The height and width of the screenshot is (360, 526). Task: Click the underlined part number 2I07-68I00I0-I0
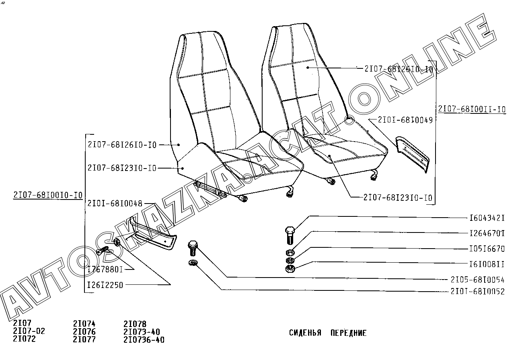48,195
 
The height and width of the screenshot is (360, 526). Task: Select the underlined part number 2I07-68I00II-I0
472,109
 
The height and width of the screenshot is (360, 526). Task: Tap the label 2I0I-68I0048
115,204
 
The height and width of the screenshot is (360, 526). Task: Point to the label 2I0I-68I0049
405,120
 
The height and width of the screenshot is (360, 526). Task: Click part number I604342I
487,218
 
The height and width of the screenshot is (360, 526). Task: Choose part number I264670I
487,233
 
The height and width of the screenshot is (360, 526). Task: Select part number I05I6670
487,249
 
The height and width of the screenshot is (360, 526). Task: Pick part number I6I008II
487,264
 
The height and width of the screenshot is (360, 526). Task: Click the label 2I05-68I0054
478,280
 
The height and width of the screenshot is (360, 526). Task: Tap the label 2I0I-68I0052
478,292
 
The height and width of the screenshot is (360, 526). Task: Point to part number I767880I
105,269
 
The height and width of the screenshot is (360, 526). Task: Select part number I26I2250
105,285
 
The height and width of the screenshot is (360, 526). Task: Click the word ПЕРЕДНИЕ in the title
349,333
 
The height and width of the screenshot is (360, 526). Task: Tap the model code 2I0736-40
144,340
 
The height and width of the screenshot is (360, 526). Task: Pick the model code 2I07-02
29,331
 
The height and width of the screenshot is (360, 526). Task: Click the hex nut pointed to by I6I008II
290,268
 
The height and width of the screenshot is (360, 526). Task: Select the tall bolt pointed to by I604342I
290,235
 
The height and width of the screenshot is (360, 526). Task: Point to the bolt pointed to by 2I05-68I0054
193,248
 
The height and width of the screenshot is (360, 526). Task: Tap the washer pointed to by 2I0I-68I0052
193,263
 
